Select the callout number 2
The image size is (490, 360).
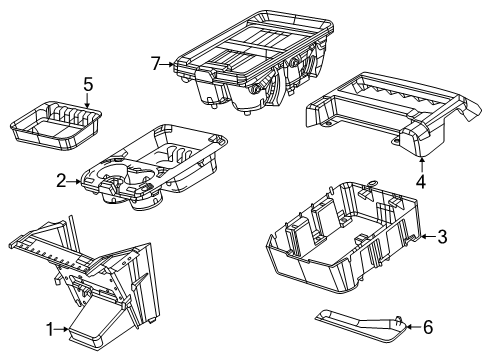pyautogui.click(x=61, y=181)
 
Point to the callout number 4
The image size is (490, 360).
pyautogui.click(x=421, y=182)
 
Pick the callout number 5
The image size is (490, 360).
pyautogui.click(x=87, y=84)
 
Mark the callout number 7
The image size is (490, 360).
pyautogui.click(x=155, y=65)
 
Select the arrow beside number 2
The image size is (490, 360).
pyautogui.click(x=74, y=181)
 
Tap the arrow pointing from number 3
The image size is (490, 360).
pyautogui.click(x=427, y=236)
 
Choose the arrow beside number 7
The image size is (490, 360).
pyautogui.click(x=169, y=65)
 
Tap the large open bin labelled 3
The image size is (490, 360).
pyautogui.click(x=340, y=240)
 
